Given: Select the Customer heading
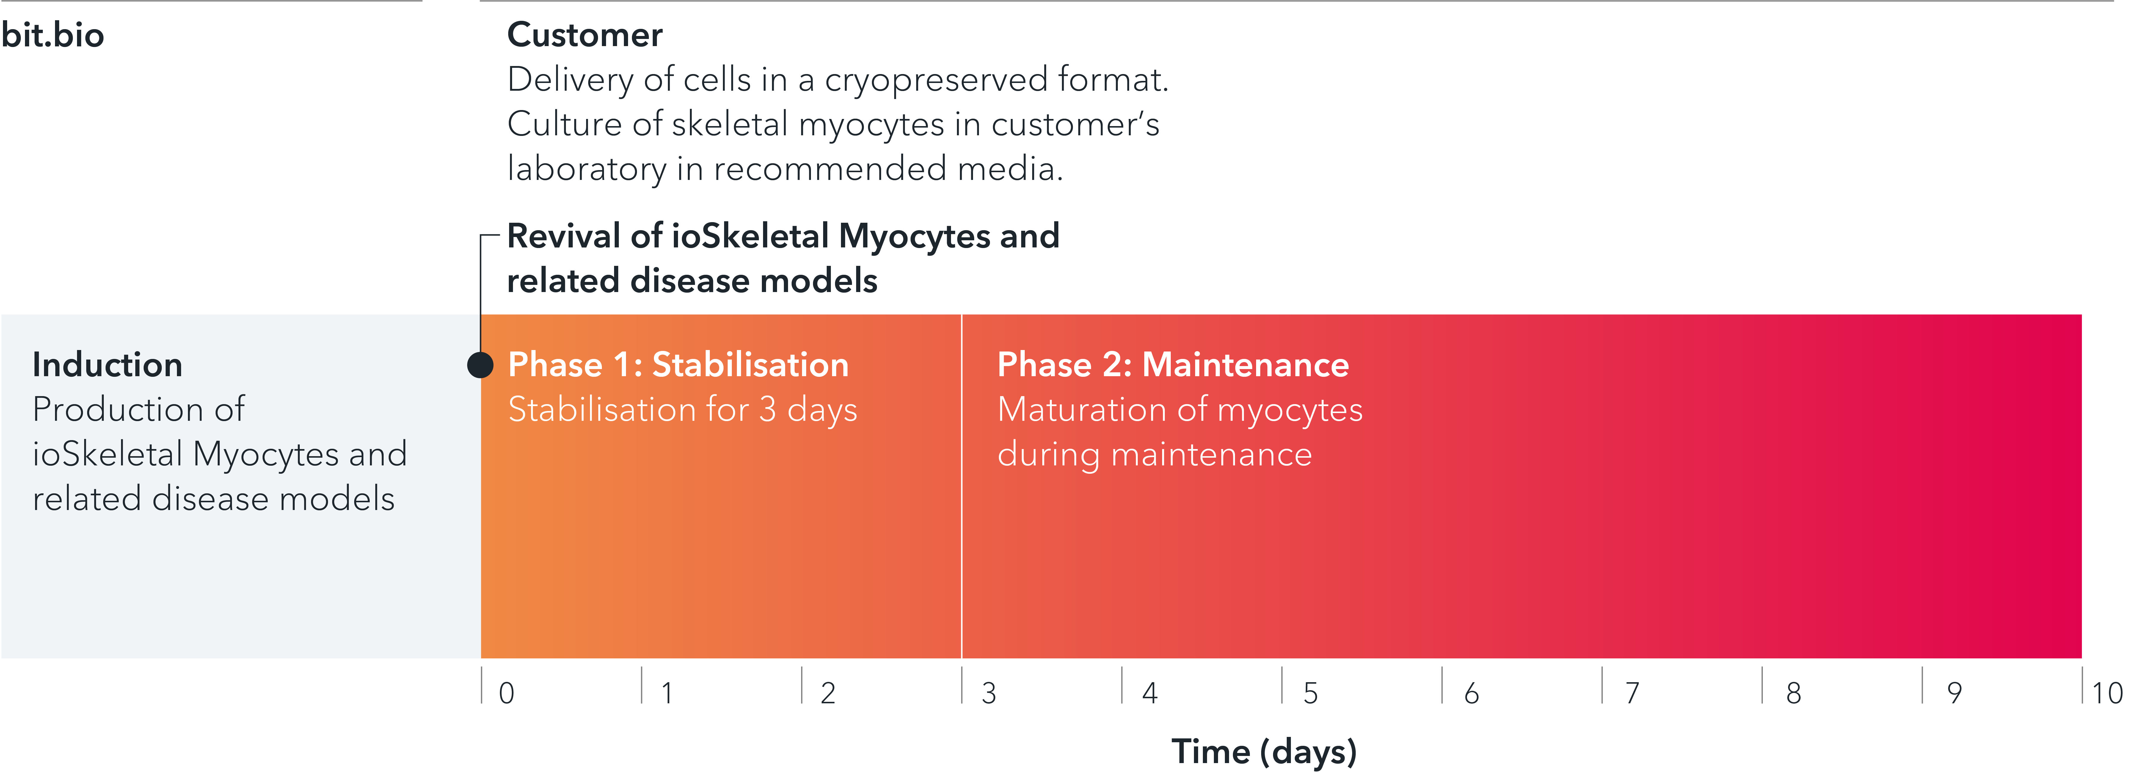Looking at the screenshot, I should pyautogui.click(x=584, y=35).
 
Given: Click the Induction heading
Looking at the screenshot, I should pyautogui.click(x=107, y=365).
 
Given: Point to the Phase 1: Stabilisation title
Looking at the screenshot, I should pyautogui.click(x=678, y=365).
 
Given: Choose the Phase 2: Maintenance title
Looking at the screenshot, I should pyautogui.click(x=1173, y=365).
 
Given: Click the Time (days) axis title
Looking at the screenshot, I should pyautogui.click(x=1264, y=751).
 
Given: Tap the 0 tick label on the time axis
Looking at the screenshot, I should pyautogui.click(x=506, y=693).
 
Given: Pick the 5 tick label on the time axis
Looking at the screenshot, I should pyautogui.click(x=1310, y=693).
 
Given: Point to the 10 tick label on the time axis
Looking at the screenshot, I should pyautogui.click(x=2107, y=693).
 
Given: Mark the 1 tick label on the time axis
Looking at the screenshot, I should pyautogui.click(x=667, y=693).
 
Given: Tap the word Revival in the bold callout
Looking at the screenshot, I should pyautogui.click(x=564, y=236).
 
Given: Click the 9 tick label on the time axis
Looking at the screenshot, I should pyautogui.click(x=1954, y=693).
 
